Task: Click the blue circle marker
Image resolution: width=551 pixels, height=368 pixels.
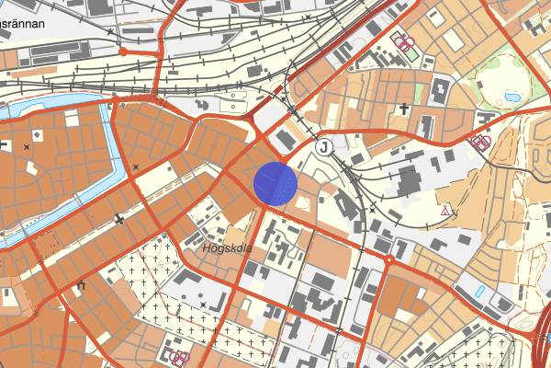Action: point(275,182)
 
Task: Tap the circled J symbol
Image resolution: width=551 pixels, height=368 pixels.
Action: point(322,147)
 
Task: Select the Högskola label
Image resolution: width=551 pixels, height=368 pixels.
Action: point(224,248)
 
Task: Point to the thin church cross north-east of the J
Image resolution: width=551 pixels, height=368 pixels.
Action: point(403,109)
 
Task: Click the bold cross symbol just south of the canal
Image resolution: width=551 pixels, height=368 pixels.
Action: point(119,219)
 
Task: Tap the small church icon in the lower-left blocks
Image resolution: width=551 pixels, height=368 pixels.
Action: point(82,286)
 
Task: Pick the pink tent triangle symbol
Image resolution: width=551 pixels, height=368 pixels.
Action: point(446,211)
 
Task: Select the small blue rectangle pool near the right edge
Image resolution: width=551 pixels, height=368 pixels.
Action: point(481,292)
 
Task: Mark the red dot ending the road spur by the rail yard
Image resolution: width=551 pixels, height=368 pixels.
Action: point(122,52)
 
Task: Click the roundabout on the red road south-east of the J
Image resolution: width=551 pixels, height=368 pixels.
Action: point(389,260)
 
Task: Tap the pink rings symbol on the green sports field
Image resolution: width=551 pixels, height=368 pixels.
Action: point(401,42)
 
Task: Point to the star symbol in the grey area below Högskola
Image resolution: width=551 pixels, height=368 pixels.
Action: point(203,304)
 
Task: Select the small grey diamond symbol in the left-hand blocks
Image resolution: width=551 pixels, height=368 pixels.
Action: point(27,146)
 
